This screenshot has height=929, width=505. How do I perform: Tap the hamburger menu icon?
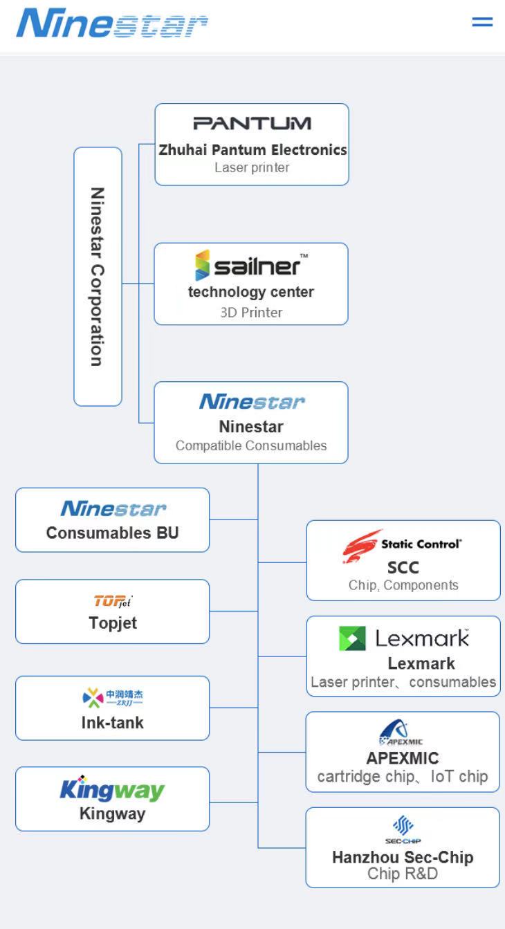(482, 22)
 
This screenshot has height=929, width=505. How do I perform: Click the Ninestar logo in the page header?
(112, 24)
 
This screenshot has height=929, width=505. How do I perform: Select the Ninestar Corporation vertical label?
(98, 277)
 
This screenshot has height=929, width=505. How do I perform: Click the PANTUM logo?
(252, 124)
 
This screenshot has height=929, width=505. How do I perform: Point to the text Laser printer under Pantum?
(252, 167)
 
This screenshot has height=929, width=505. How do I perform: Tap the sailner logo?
(250, 266)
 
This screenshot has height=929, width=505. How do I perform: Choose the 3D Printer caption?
(251, 312)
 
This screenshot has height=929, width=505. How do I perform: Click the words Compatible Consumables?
(251, 445)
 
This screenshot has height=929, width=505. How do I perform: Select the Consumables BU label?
(112, 533)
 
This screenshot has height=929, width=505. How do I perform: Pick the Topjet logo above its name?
(112, 600)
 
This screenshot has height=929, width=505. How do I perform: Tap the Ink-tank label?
(112, 722)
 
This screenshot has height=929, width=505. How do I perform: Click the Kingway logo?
(112, 789)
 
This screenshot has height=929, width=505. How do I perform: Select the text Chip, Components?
(403, 585)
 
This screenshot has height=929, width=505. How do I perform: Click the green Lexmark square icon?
(352, 638)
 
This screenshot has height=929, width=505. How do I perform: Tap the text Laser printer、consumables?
(403, 682)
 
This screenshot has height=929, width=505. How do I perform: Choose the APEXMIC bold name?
(403, 758)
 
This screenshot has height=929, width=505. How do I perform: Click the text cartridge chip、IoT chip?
(403, 776)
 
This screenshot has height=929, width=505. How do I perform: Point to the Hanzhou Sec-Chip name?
(403, 857)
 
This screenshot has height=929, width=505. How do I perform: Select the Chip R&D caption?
(403, 874)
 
